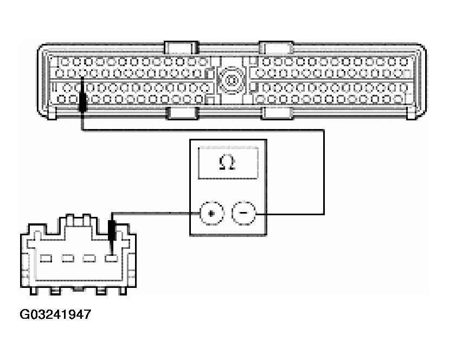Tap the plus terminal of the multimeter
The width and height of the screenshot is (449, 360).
[211, 214]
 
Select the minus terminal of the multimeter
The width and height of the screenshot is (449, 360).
[242, 214]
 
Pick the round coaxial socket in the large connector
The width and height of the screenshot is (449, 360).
[232, 81]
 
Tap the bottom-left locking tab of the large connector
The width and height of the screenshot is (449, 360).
[182, 113]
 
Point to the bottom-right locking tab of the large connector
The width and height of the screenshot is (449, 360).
[277, 113]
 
